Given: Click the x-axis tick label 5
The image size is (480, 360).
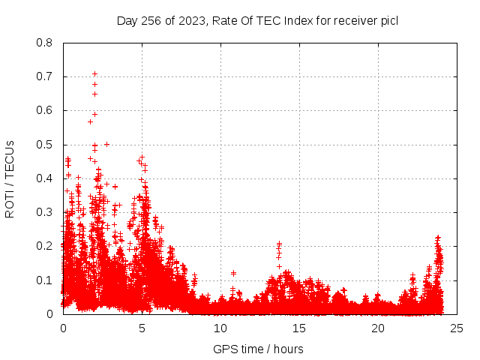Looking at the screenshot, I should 142,328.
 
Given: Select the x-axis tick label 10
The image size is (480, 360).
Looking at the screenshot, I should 220,328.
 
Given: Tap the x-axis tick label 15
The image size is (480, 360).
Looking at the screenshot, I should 299,328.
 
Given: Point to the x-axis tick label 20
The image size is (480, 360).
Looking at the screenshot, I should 378,328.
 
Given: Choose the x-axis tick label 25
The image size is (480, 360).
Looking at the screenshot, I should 457,328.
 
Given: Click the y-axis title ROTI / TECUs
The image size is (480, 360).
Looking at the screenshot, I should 10,178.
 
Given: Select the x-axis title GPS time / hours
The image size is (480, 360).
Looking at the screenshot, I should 259,349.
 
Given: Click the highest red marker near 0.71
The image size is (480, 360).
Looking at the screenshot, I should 94,73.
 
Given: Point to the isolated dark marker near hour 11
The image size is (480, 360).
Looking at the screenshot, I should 233,273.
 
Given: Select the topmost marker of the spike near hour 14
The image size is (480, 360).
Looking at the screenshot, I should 279,244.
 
